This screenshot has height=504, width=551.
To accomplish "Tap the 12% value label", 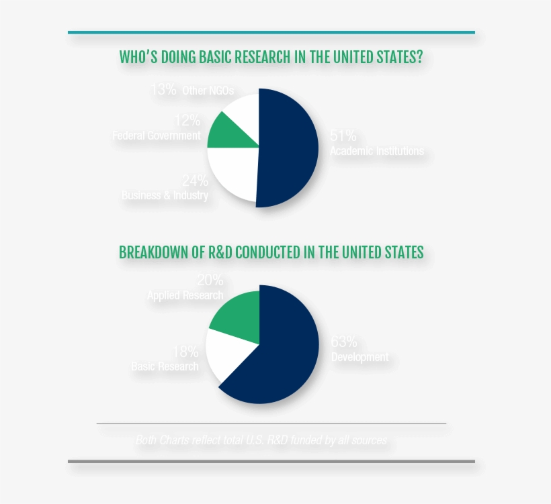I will click(x=187, y=121).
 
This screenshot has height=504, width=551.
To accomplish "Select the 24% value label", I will click(x=195, y=181).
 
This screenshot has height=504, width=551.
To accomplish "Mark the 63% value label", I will click(x=344, y=342).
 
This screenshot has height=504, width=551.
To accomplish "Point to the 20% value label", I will click(x=210, y=280).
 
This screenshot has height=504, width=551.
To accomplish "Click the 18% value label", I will click(x=185, y=351).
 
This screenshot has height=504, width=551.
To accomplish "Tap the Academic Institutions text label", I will click(x=376, y=150).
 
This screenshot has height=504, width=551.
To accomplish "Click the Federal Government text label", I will click(x=157, y=136).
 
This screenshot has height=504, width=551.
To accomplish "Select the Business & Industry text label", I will click(x=165, y=195).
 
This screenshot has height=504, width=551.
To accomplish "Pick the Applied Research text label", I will click(x=185, y=295).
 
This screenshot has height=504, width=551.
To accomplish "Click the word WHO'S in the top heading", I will click(x=139, y=56).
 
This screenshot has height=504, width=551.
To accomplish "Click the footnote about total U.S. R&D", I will click(x=261, y=440).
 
